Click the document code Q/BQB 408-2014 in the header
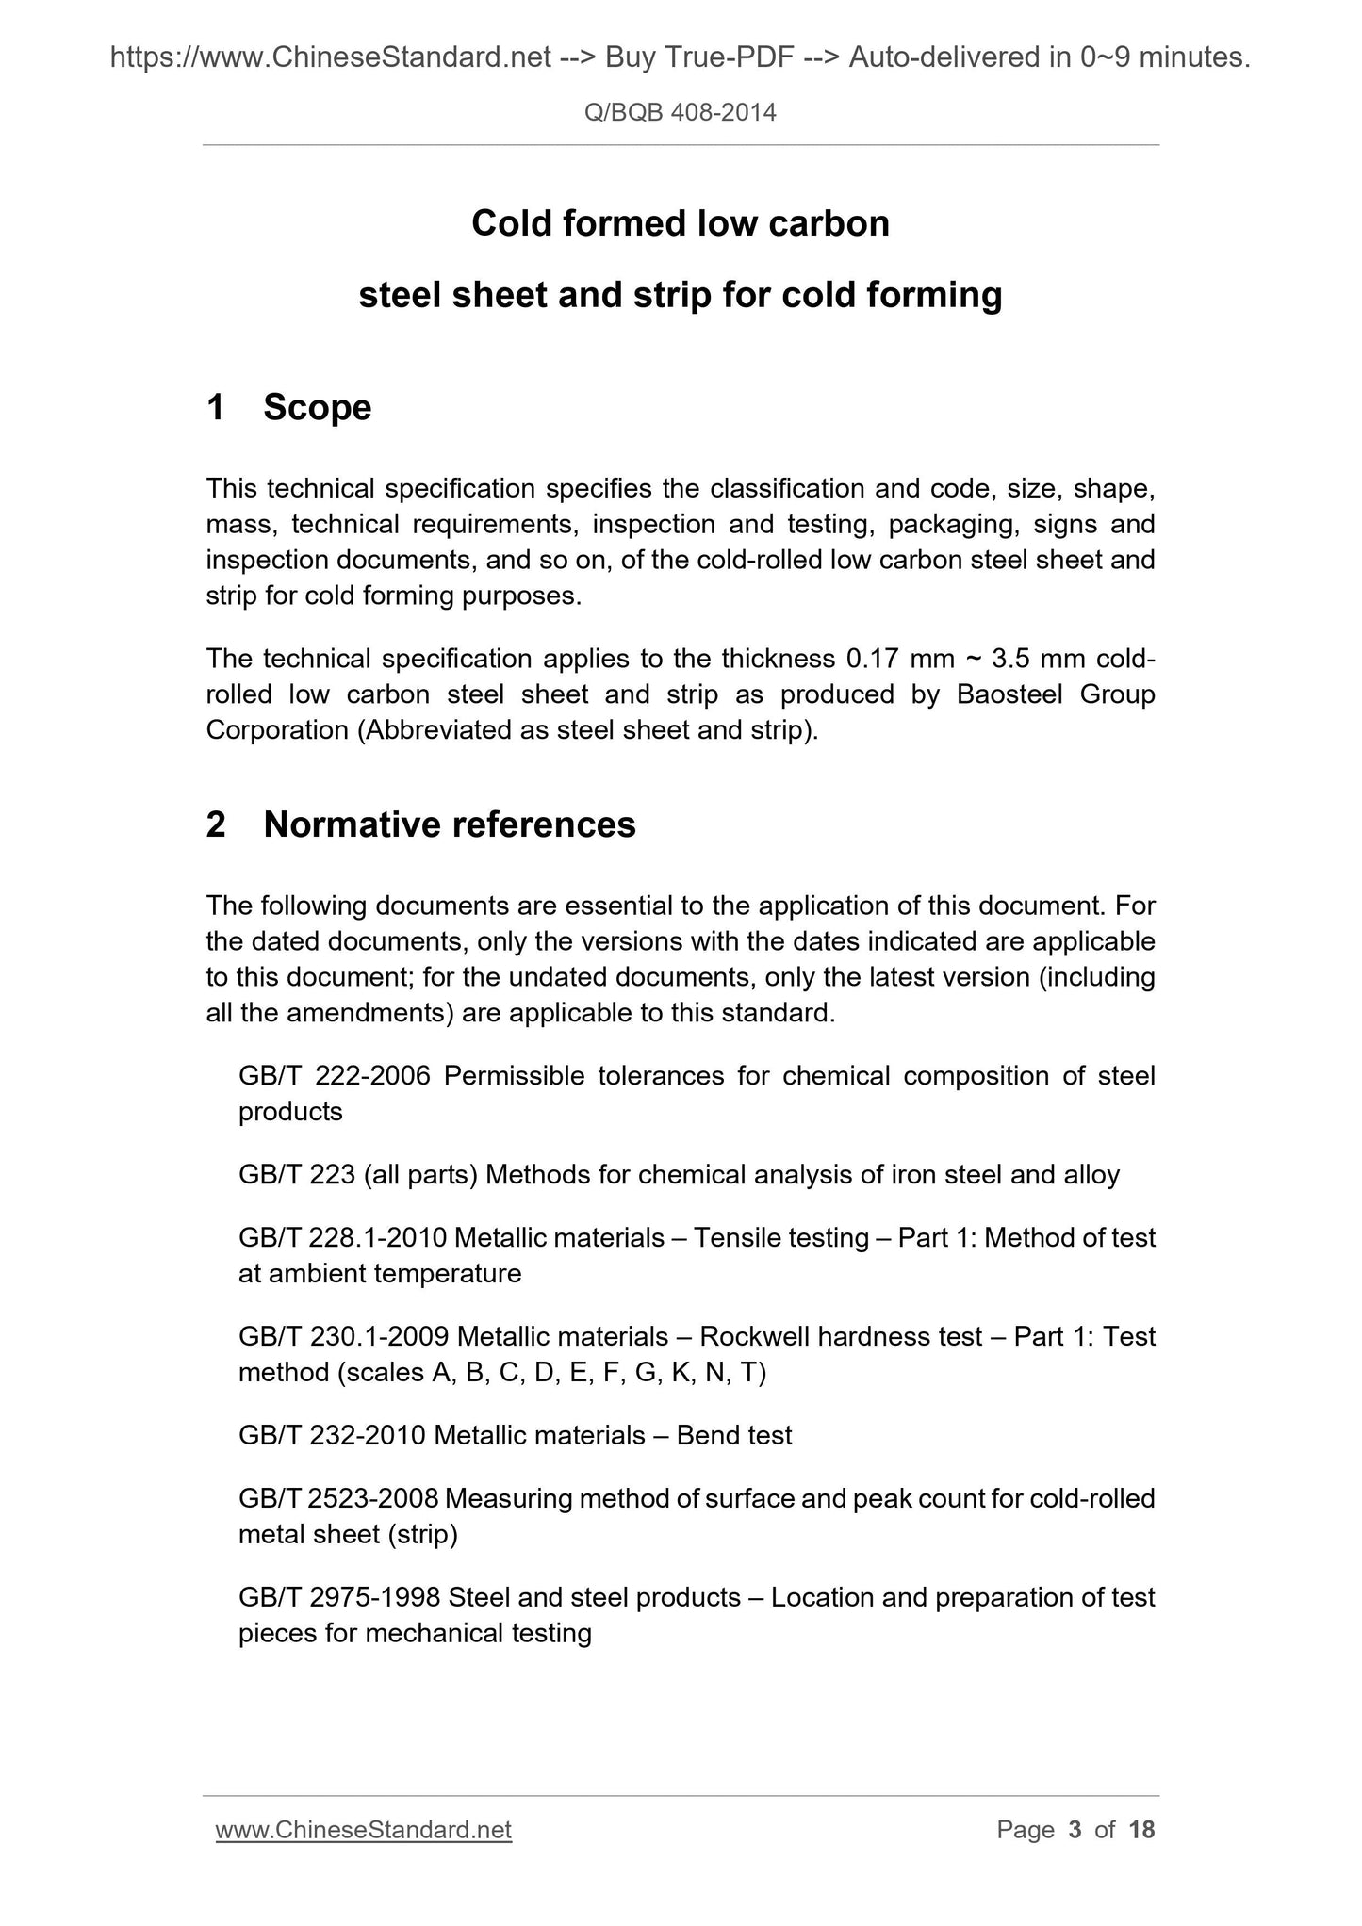coord(681,113)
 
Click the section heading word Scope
coord(318,407)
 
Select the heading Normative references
coord(450,824)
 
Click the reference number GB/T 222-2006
coord(335,1076)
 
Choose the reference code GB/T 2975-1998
coord(339,1597)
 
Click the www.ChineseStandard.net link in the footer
coord(364,1830)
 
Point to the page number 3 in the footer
coord(1075,1830)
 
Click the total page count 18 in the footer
coord(1141,1830)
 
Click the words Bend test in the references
coord(734,1435)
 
